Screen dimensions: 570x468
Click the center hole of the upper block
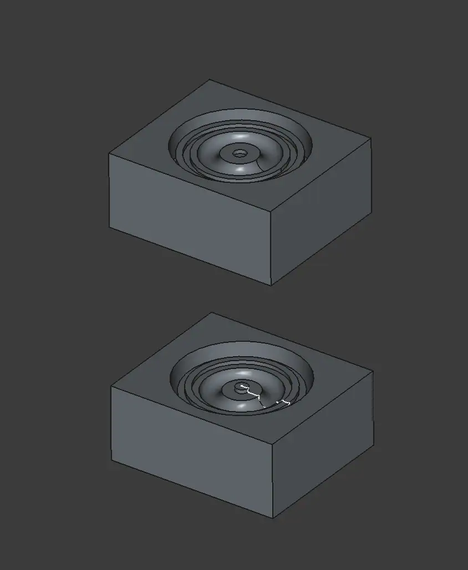[x=240, y=153]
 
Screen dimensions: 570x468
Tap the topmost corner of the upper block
[x=210, y=80]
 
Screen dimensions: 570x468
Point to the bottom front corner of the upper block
[x=271, y=285]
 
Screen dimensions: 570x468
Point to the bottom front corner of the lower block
[x=273, y=518]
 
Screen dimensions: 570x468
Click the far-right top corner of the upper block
[x=371, y=138]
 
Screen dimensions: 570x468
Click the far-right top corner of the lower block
[x=373, y=371]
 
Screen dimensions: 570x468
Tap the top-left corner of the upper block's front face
[x=109, y=155]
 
